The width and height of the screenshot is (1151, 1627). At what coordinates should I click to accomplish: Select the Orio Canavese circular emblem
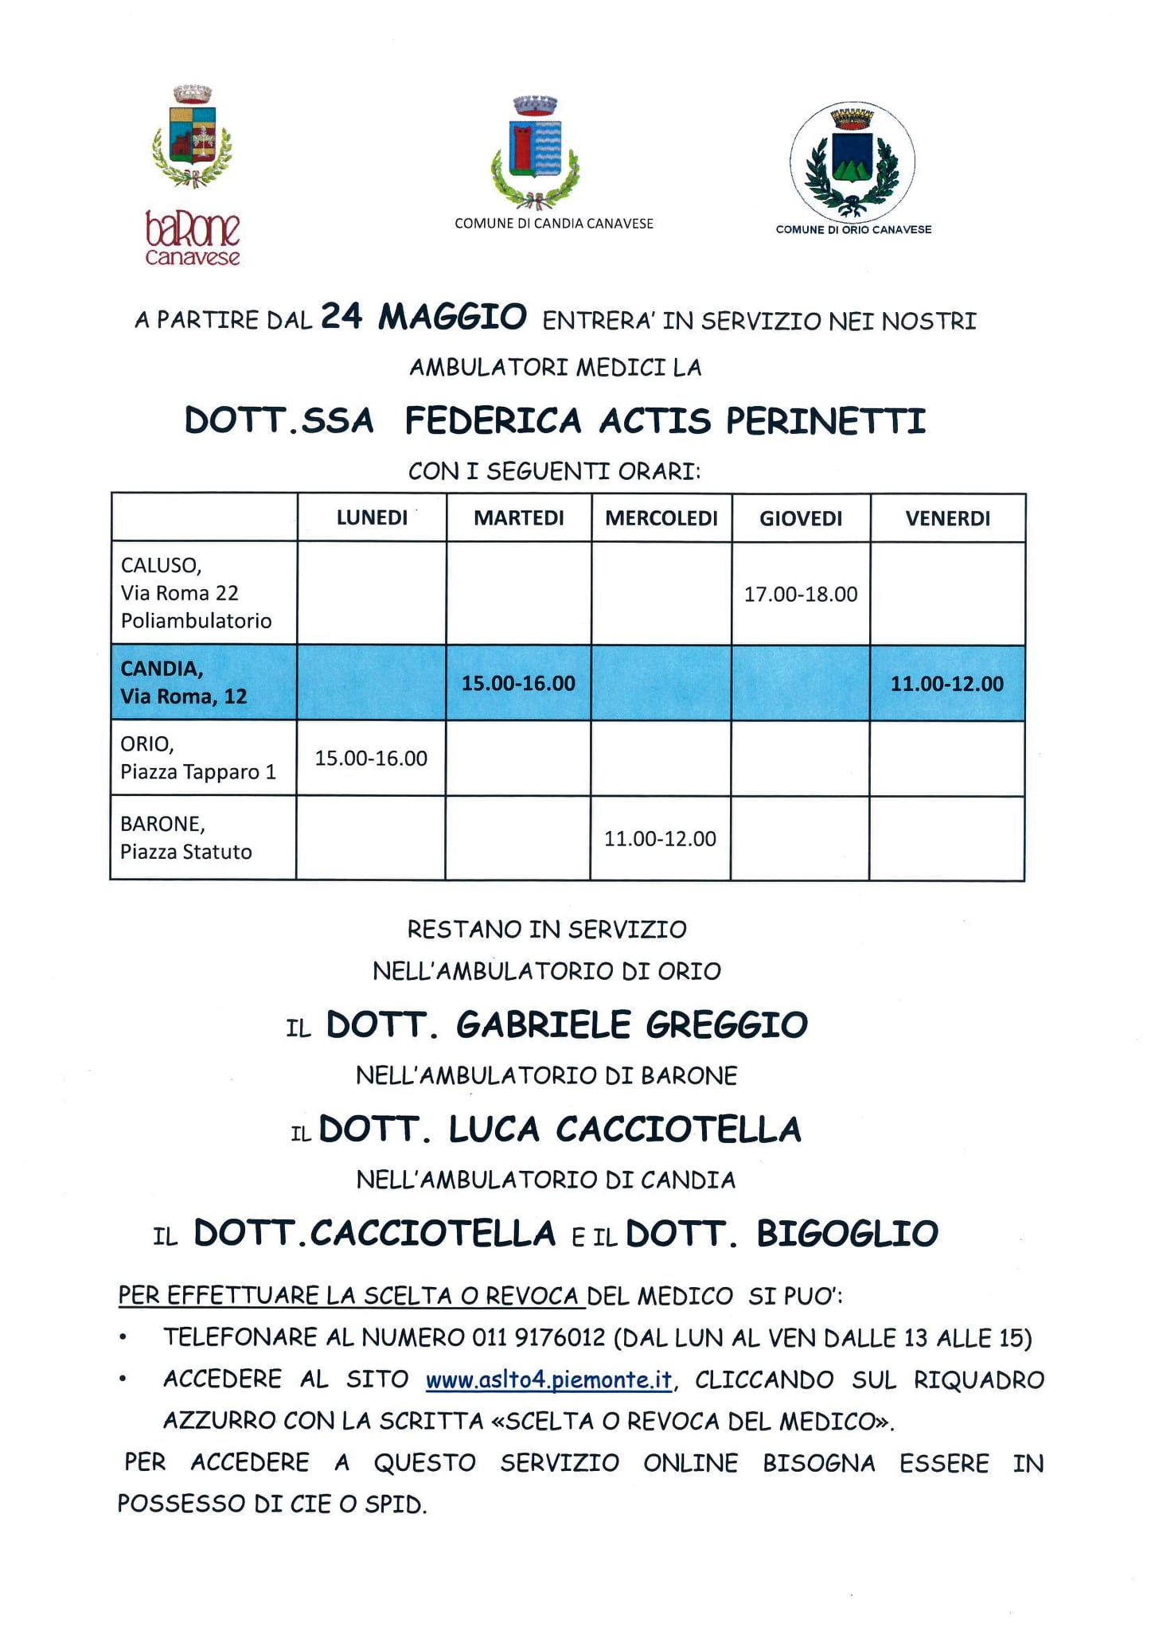[x=852, y=162]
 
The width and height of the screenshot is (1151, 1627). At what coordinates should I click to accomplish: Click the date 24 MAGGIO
[x=423, y=317]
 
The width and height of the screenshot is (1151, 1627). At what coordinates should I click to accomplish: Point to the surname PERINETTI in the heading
[x=825, y=421]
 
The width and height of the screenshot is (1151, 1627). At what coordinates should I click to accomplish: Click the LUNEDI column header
[x=372, y=518]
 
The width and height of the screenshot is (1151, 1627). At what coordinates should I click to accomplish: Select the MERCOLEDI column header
[x=661, y=519]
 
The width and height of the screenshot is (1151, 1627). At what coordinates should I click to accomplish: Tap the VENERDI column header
[x=947, y=519]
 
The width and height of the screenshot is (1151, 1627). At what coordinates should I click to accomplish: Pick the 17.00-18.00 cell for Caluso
[x=801, y=595]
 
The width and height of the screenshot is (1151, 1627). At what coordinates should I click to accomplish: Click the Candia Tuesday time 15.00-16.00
[x=518, y=684]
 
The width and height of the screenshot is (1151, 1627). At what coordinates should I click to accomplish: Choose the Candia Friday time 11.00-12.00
[x=946, y=684]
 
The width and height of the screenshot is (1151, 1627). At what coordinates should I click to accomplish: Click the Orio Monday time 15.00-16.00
[x=371, y=759]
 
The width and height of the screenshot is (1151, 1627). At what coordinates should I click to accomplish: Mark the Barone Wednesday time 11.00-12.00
[x=660, y=839]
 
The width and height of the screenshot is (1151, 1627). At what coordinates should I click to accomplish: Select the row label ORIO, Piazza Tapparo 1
[x=198, y=758]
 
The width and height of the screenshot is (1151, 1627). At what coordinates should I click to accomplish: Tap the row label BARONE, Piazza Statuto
[x=185, y=838]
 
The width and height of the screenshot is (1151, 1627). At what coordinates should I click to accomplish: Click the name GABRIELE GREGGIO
[x=631, y=1025]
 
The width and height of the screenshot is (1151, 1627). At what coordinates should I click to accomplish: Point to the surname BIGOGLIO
[x=847, y=1234]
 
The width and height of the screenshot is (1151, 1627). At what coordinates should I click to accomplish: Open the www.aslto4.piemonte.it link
[x=549, y=1380]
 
